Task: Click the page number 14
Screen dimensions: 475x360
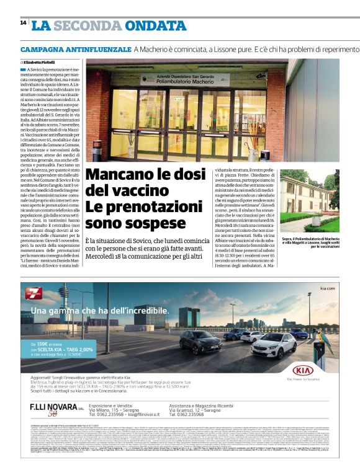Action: pyautogui.click(x=23, y=23)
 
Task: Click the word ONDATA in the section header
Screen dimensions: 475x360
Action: pyautogui.click(x=155, y=25)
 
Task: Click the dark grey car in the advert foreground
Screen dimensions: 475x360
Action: pyautogui.click(x=200, y=342)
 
